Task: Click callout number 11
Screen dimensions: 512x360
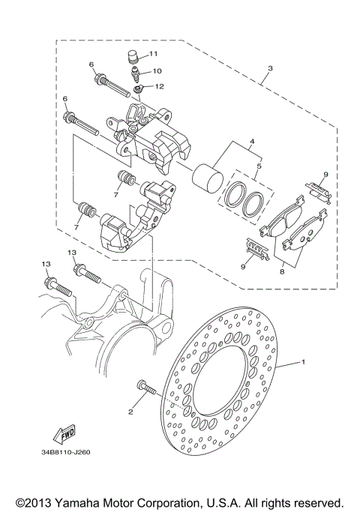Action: [x=154, y=54]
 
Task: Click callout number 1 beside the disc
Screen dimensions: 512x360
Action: [x=304, y=362]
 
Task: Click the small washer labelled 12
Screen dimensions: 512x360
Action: [x=138, y=90]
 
